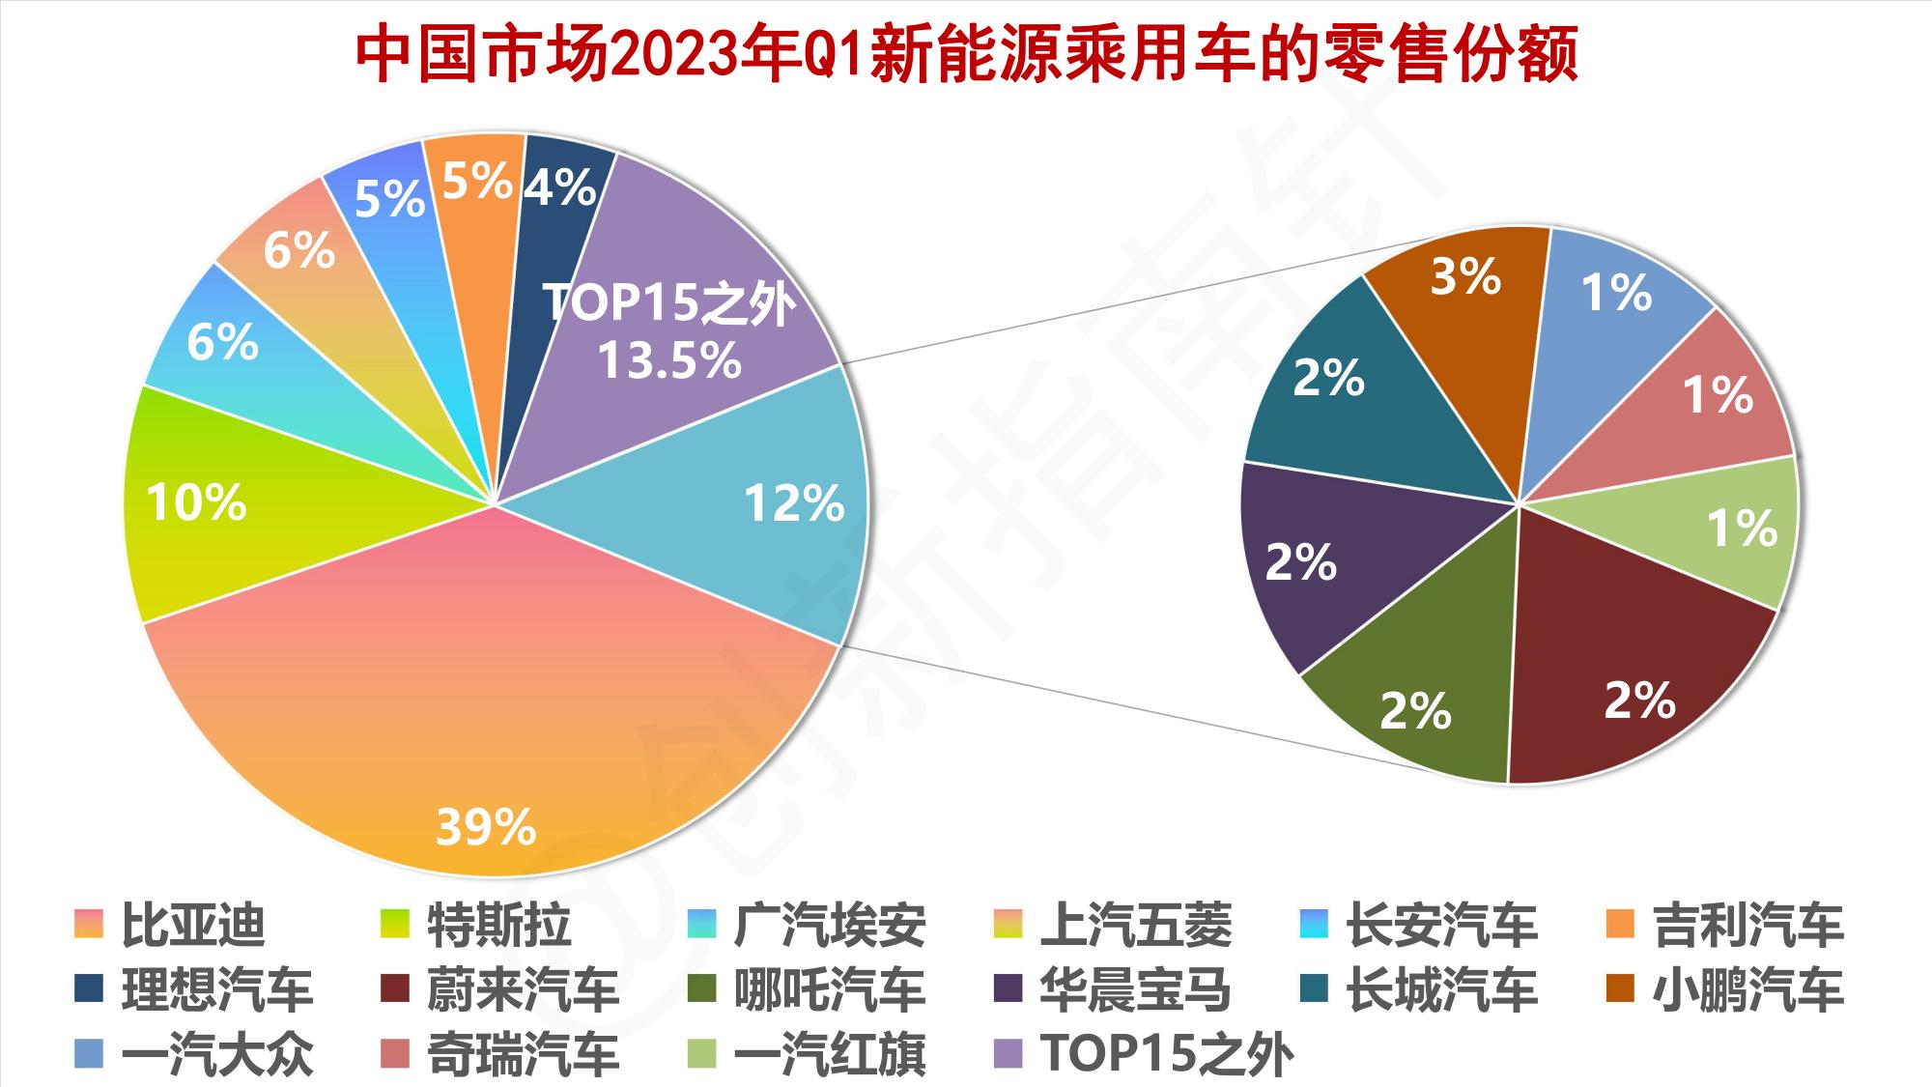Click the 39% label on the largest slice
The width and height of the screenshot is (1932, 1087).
485,827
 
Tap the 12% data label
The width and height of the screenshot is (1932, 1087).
794,503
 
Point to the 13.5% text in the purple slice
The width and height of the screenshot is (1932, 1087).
669,360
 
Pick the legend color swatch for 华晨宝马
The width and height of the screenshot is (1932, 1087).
1009,989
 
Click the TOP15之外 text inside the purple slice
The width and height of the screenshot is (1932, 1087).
669,302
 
